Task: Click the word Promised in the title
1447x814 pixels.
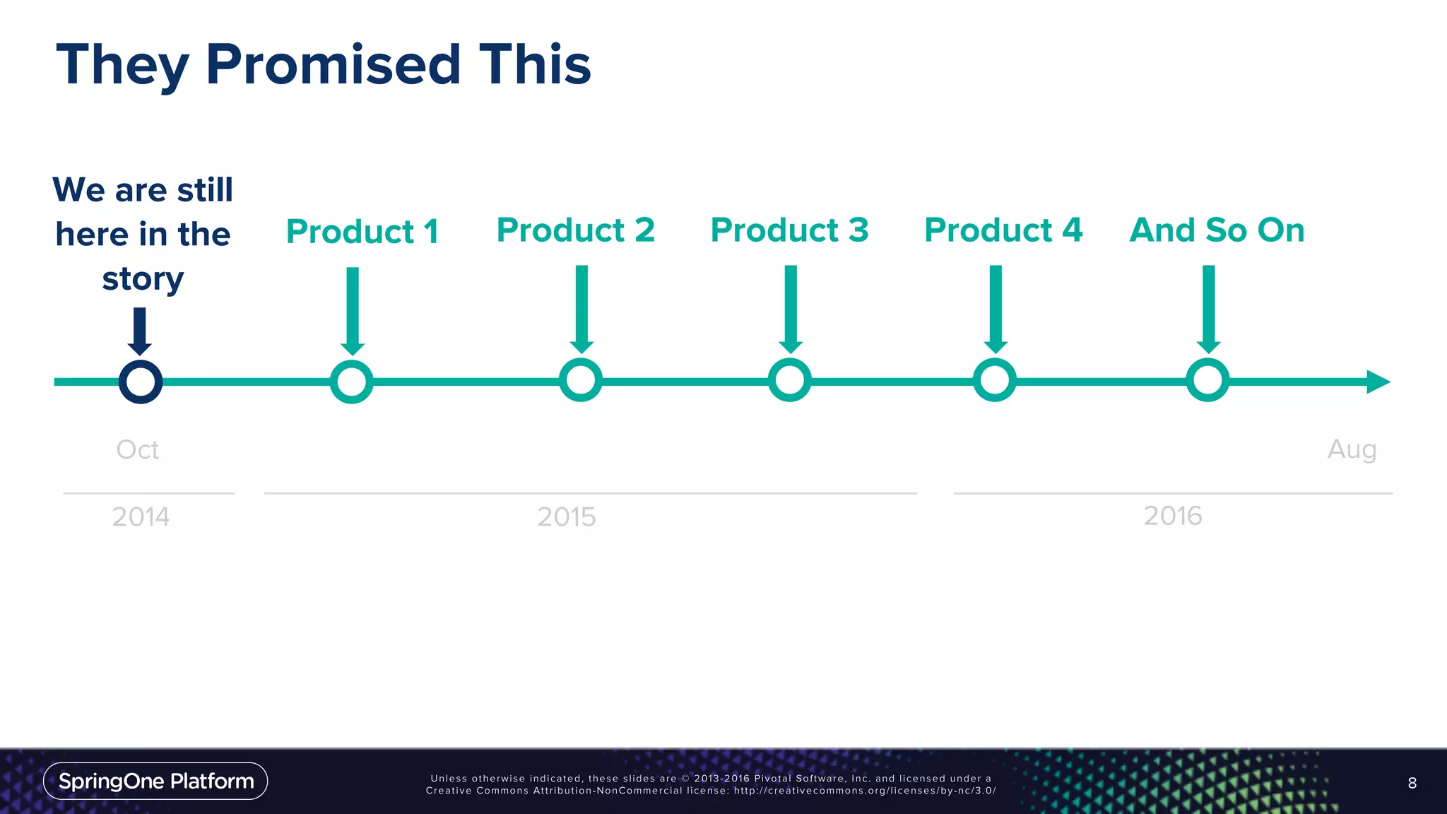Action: [333, 64]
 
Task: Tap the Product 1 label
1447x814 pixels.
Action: [362, 232]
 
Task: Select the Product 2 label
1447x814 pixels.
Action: [576, 230]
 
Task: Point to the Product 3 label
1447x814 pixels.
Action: [789, 230]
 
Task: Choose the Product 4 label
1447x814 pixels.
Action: [1003, 230]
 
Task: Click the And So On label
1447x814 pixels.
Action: [1217, 230]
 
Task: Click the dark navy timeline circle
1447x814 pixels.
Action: [141, 382]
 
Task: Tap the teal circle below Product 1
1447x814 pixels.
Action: [352, 382]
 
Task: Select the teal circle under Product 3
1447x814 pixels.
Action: [789, 381]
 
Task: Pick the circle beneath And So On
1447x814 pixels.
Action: [1207, 381]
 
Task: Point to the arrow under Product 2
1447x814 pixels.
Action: [581, 309]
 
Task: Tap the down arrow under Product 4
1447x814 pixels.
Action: [996, 309]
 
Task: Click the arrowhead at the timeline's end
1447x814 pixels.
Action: [1377, 382]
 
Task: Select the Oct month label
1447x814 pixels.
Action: [137, 449]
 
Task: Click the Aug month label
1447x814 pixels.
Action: [1352, 449]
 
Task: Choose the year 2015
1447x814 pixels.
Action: [566, 517]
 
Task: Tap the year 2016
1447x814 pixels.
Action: [1172, 516]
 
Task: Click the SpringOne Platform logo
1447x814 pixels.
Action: [155, 781]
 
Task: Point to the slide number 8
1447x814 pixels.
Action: [1412, 783]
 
